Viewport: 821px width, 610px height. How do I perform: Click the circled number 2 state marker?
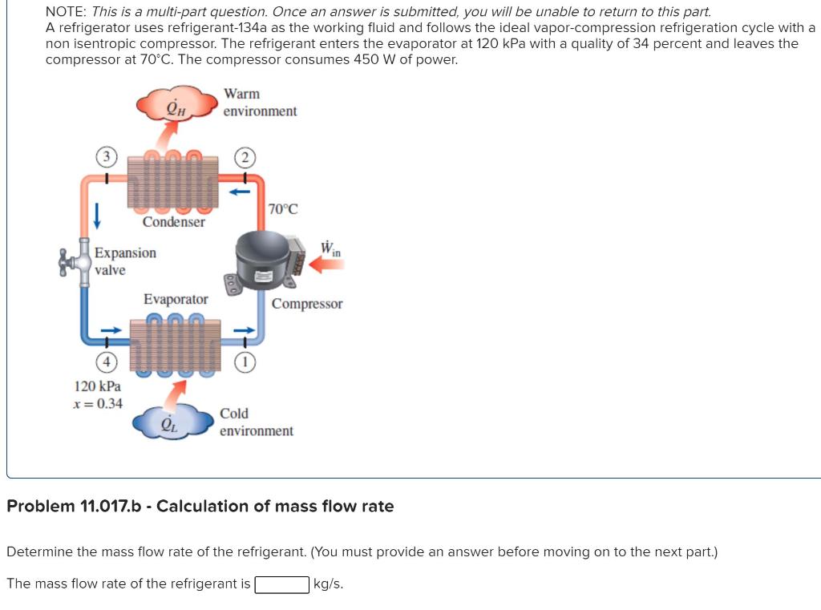pos(245,156)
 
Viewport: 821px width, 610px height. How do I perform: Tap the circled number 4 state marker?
pos(105,358)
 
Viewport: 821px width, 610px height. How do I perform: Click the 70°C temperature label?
pos(283,209)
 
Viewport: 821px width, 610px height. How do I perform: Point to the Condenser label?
pos(173,222)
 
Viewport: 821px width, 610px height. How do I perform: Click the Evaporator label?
pos(176,299)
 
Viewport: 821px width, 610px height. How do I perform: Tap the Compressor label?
pos(306,304)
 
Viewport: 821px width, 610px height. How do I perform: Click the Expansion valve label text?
pos(125,261)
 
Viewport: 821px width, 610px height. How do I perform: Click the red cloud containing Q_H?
pos(176,104)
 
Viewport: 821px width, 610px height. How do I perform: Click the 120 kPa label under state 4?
pos(97,386)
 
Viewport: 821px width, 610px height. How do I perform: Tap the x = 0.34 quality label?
pos(98,403)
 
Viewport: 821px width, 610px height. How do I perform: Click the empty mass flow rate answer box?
pos(281,584)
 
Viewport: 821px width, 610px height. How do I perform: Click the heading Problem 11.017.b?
pos(200,507)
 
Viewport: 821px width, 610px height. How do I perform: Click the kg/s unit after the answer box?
pos(329,584)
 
